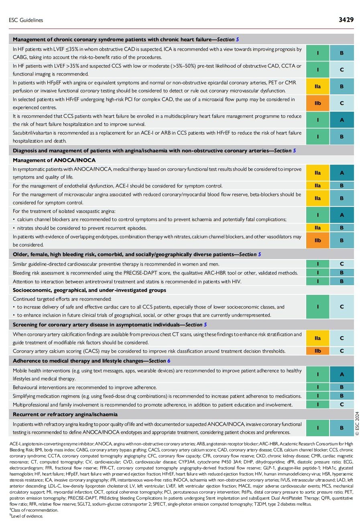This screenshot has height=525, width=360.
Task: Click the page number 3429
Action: pos(346,19)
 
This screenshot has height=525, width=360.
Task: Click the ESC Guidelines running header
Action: pos(26,20)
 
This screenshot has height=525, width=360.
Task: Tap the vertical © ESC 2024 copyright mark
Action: pos(357,423)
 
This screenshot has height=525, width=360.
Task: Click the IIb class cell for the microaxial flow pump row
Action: pos(317,103)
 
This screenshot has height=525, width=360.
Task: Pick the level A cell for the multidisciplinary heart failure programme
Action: pos(342,120)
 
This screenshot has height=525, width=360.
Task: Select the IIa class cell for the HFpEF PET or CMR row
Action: pos(317,86)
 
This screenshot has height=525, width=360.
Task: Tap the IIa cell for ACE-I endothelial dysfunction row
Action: pos(317,186)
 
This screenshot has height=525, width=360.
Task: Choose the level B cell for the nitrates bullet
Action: pos(342,228)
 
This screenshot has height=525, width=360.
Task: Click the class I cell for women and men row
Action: pos(317,264)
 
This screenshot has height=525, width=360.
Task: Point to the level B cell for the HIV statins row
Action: pos(342,281)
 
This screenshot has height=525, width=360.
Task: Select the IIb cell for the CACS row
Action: pos(317,351)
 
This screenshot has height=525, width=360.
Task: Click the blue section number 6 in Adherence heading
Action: pos(169,361)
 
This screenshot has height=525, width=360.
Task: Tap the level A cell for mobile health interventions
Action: pos(342,374)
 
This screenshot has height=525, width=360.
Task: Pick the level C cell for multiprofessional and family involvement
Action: pos(342,404)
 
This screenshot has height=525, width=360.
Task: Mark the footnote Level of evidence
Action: pos(27,516)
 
